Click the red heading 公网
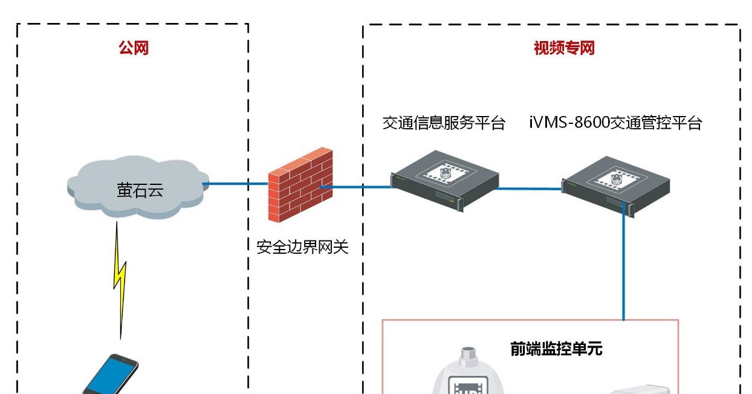pyautogui.click(x=133, y=48)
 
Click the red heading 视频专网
pyautogui.click(x=563, y=48)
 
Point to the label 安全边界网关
pyautogui.click(x=302, y=247)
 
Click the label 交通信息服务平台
pyautogui.click(x=444, y=123)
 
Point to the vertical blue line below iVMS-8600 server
pyautogui.click(x=624, y=266)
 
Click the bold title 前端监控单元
pyautogui.click(x=556, y=349)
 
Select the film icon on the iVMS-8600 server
pyautogui.click(x=615, y=176)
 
